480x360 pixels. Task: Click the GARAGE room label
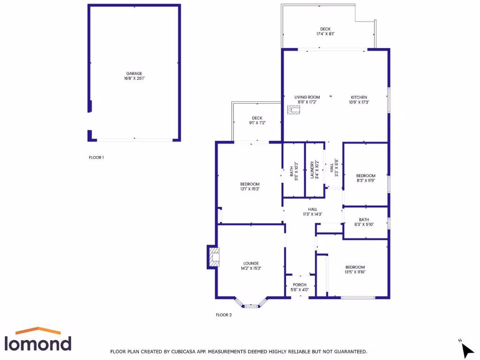(x=134, y=74)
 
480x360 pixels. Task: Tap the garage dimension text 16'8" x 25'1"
(x=134, y=79)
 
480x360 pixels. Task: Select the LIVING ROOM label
(x=307, y=97)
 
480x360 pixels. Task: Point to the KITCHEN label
(x=359, y=97)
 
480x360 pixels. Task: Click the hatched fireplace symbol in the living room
(x=294, y=110)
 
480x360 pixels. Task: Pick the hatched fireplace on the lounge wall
(x=214, y=257)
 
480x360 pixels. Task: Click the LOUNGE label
(x=251, y=263)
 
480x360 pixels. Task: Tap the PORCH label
(x=300, y=285)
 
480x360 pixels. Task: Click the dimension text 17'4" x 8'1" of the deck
(x=325, y=34)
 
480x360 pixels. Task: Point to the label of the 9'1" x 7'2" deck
(x=257, y=118)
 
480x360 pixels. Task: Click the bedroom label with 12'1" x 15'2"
(x=250, y=184)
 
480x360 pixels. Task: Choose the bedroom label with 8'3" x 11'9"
(x=366, y=176)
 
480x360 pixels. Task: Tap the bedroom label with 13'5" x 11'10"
(x=355, y=267)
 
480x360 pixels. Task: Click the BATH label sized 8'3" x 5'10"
(x=364, y=219)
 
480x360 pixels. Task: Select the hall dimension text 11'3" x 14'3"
(x=313, y=214)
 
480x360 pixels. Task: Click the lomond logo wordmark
(x=38, y=343)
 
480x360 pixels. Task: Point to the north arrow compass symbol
(x=466, y=349)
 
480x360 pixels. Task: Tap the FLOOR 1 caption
(x=96, y=157)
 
